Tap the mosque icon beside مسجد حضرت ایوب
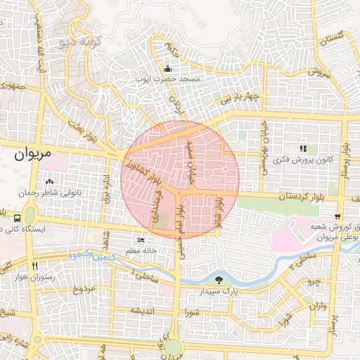167,70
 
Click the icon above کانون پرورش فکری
303,148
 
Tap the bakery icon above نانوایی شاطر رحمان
49,183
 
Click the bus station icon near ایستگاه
16,217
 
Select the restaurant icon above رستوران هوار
34,266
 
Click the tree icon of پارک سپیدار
220,279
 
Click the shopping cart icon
338,216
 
